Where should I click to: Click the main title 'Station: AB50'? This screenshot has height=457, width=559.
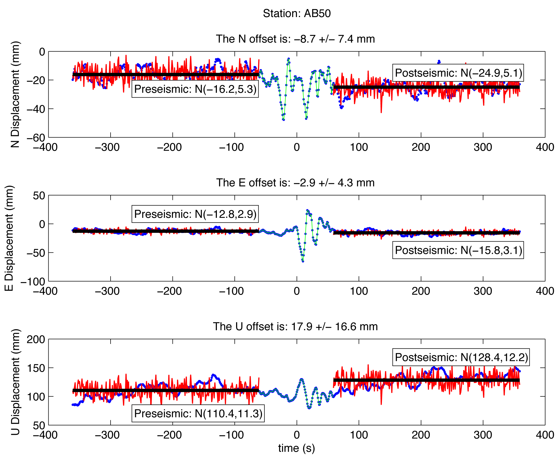point(296,13)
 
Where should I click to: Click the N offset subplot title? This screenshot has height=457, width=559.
point(295,39)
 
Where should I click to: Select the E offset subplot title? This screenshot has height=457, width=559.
point(295,183)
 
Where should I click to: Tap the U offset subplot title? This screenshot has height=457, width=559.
point(295,327)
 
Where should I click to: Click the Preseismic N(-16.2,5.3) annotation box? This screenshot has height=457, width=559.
point(195,89)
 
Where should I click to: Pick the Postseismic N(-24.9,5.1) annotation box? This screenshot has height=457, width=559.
point(458,73)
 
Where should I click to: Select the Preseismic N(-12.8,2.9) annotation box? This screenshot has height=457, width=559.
point(195,214)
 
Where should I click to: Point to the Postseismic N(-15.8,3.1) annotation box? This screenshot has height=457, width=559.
point(458,250)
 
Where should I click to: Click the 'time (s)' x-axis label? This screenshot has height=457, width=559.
point(296,448)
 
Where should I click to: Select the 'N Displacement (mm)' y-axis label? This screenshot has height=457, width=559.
point(15,94)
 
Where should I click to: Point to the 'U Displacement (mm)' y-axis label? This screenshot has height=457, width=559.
point(15,382)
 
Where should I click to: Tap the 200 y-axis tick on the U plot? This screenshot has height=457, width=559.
point(36,339)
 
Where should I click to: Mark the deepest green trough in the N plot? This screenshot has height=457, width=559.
point(283,120)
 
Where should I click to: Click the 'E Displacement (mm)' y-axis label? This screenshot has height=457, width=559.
point(9,238)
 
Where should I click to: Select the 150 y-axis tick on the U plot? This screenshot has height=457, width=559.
point(36,368)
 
